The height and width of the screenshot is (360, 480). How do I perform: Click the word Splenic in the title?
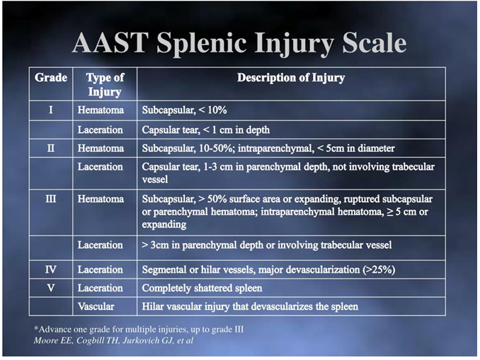[x=201, y=43]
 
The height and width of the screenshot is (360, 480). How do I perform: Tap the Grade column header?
[x=51, y=78]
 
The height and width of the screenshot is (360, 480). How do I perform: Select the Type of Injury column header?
[x=105, y=85]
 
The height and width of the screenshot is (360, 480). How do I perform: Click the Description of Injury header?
[x=291, y=78]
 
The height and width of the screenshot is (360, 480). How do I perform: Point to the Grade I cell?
[x=51, y=110]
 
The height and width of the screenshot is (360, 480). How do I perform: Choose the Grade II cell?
[x=51, y=149]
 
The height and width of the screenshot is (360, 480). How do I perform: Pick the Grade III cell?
[x=51, y=199]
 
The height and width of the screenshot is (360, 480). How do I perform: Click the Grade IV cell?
[x=51, y=269]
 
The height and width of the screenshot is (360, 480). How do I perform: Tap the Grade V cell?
[x=51, y=288]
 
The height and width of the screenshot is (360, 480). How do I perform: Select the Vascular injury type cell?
[x=96, y=306]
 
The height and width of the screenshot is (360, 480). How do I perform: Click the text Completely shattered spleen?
[x=202, y=288]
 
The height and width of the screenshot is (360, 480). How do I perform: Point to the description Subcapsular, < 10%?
[x=184, y=110]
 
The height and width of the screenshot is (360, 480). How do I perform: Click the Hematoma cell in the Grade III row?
[x=101, y=199]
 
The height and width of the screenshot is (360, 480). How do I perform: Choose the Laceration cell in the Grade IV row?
[x=100, y=269]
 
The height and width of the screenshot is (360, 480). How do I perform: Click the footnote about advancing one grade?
[x=139, y=330]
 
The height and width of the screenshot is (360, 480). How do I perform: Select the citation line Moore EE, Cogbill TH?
[x=113, y=340]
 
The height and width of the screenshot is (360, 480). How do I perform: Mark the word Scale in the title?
[x=375, y=42]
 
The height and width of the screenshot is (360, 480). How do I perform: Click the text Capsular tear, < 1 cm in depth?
[x=206, y=130]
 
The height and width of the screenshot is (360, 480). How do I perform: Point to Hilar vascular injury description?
[x=250, y=306]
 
